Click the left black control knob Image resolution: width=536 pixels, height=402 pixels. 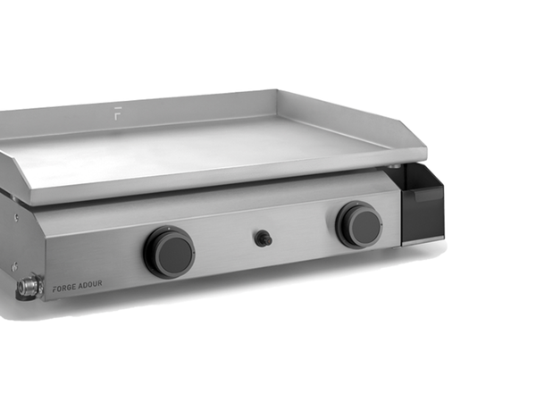tap(169, 252)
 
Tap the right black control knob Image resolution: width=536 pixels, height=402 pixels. tap(359, 224)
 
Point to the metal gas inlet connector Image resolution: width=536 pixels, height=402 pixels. tap(28, 288)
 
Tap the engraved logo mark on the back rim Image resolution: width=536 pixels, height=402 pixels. tap(118, 112)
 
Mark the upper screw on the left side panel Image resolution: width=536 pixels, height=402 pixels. tap(14, 217)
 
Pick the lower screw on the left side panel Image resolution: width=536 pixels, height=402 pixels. tap(13, 266)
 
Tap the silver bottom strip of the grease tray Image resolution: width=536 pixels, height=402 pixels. tap(423, 239)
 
